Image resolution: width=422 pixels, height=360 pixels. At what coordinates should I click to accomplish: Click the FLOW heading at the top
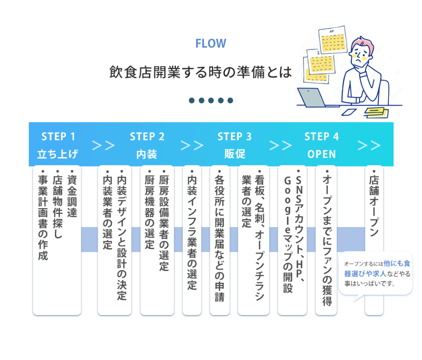pos(211,43)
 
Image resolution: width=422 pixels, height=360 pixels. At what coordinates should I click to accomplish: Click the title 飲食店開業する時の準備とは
pos(200,72)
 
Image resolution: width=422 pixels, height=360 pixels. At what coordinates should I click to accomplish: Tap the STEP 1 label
pos(58,136)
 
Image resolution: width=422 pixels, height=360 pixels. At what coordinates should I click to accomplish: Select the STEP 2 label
pos(147,136)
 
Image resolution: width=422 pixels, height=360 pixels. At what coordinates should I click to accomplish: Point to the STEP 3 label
pos(234,136)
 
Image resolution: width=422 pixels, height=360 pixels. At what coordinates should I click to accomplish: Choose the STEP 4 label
pos(321,136)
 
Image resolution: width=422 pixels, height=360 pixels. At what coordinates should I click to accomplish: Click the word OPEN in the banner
pos(321,154)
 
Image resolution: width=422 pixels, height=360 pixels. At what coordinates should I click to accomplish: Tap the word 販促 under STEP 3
pos(234,154)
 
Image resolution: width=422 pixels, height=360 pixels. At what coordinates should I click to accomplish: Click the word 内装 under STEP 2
pos(147,154)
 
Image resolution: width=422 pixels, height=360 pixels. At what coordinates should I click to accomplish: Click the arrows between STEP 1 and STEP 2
pos(103,146)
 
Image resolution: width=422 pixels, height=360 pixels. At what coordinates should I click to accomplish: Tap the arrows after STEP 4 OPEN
pos(369,146)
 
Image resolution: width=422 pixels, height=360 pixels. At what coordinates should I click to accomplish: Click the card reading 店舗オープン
pos(374,239)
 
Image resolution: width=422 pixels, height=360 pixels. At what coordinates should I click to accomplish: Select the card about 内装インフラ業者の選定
pos(192,239)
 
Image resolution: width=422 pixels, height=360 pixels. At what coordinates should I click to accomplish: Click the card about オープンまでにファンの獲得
pos(326,239)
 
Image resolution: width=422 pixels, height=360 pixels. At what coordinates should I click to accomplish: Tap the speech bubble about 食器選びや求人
pos(375,273)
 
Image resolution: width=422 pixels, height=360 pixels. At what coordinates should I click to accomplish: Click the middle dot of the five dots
pos(211,100)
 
